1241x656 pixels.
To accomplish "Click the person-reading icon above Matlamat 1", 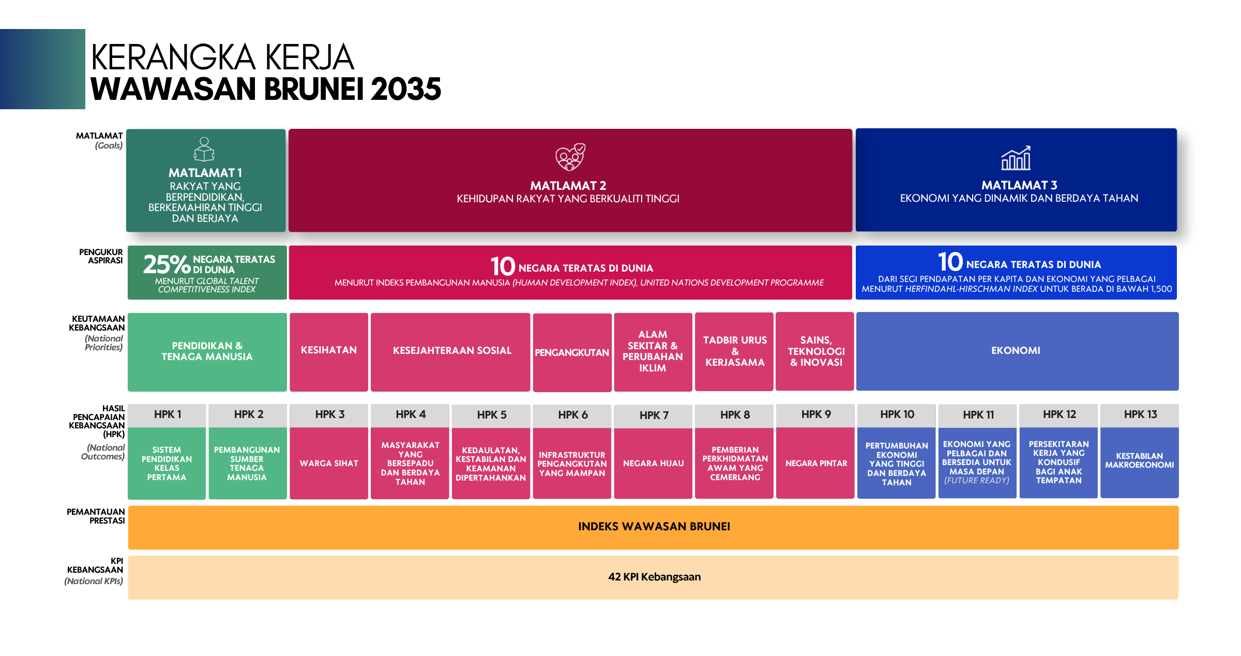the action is coord(204,150).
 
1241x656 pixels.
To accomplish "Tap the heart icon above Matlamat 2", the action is coord(570,157).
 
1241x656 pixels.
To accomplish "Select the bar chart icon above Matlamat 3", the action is coord(1016,158).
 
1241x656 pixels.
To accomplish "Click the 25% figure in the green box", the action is coord(167,264).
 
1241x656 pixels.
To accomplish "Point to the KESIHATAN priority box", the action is coord(329,352).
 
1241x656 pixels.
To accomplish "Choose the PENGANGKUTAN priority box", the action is coord(572,352).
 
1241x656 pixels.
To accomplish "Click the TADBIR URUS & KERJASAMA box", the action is coord(734,351).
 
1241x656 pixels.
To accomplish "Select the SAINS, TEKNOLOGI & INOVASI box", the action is coord(815,351).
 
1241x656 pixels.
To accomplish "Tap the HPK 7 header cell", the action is coord(654,415).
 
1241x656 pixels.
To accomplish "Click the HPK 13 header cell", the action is coord(1140,415).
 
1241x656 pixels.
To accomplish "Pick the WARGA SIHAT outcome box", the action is coord(329,463).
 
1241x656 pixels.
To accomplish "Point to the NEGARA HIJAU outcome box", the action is coord(654,463).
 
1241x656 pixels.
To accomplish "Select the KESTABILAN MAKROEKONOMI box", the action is coord(1140,463).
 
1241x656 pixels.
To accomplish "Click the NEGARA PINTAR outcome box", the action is coord(815,463).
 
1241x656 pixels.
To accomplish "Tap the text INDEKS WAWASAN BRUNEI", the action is coord(654,527).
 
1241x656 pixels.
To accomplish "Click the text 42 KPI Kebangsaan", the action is coord(654,577).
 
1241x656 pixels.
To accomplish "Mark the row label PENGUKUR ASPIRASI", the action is coord(101,256).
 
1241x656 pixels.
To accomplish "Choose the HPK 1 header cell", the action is coord(167,415).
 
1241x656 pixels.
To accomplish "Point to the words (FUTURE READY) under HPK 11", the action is coord(977,480).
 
